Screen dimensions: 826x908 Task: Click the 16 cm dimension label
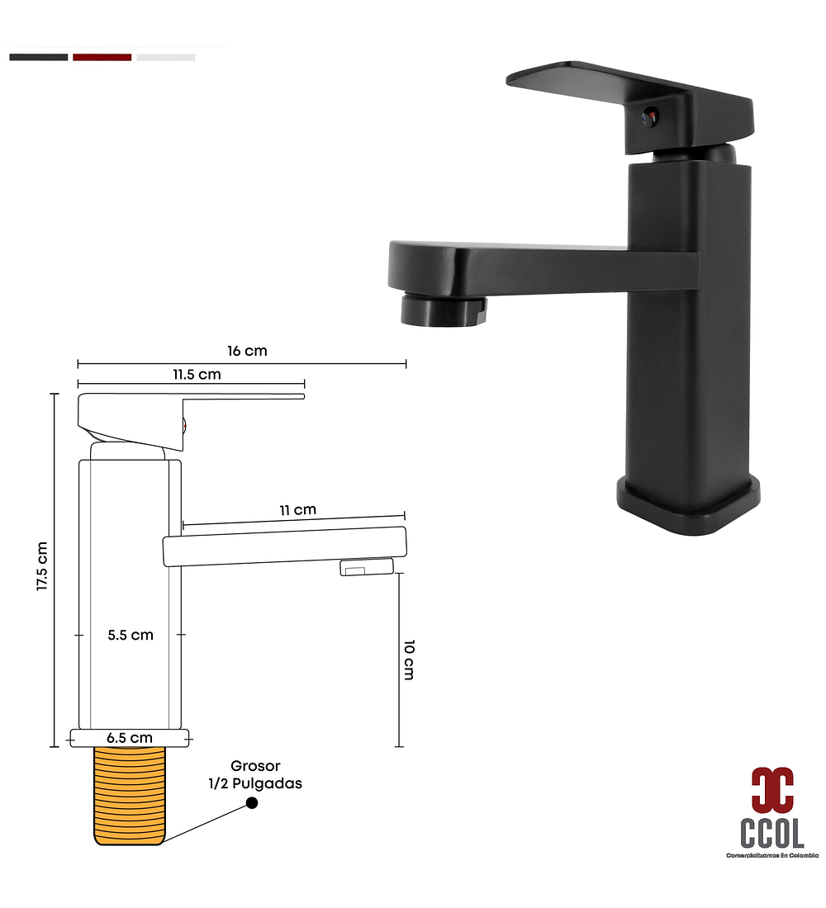pyautogui.click(x=247, y=351)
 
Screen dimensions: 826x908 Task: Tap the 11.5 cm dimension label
pyautogui.click(x=197, y=375)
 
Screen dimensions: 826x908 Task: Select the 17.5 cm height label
pyautogui.click(x=42, y=566)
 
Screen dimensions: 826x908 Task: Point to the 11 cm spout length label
pyautogui.click(x=297, y=509)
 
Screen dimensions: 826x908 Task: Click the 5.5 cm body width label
pyautogui.click(x=131, y=636)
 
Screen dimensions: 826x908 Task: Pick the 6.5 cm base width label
pyautogui.click(x=130, y=738)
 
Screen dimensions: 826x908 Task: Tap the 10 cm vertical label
pyautogui.click(x=409, y=660)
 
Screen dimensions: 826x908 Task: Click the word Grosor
pyautogui.click(x=255, y=765)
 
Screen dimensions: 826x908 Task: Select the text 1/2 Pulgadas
pyautogui.click(x=255, y=783)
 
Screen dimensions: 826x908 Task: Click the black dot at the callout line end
pyautogui.click(x=252, y=803)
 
